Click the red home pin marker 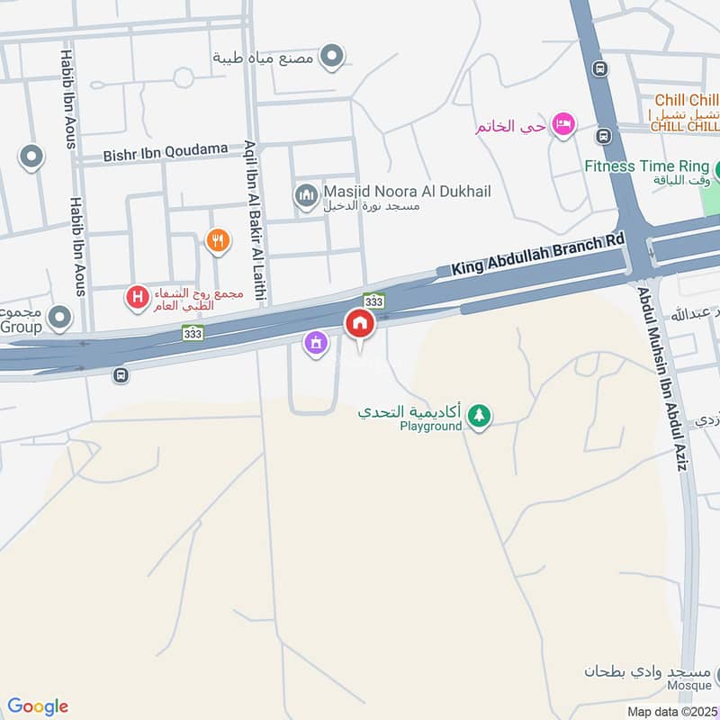[x=360, y=324]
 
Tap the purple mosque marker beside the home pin [x=315, y=343]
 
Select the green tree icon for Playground [x=480, y=416]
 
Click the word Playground [x=430, y=426]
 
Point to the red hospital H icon [x=137, y=296]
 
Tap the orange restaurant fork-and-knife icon [x=217, y=240]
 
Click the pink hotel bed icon [x=564, y=125]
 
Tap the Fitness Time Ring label [x=647, y=166]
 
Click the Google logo [x=38, y=706]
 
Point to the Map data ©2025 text [x=672, y=711]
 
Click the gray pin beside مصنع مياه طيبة [x=333, y=57]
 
